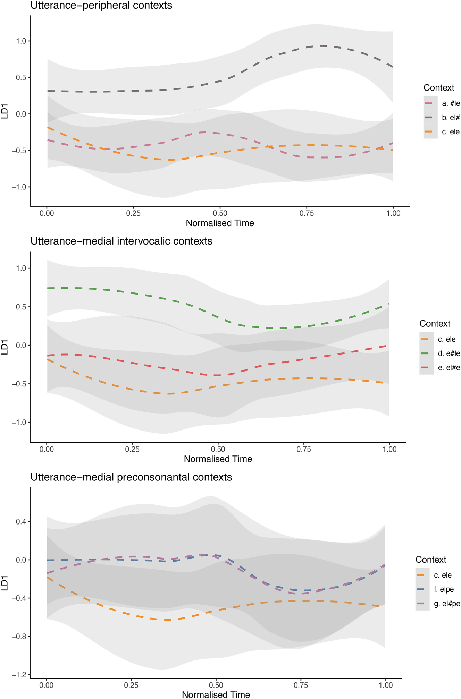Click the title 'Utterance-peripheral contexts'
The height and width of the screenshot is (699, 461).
click(x=101, y=6)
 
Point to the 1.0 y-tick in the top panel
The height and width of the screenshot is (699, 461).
click(x=21, y=41)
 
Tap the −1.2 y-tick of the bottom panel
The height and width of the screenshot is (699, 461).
click(x=19, y=675)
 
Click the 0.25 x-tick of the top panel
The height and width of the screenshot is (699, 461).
click(x=133, y=213)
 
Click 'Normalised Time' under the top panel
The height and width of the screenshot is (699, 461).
click(x=220, y=223)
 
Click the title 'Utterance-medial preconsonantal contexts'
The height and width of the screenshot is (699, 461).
click(x=131, y=477)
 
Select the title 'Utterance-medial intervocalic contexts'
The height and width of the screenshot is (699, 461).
click(x=121, y=241)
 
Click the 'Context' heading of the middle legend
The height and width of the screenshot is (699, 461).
click(x=435, y=324)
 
